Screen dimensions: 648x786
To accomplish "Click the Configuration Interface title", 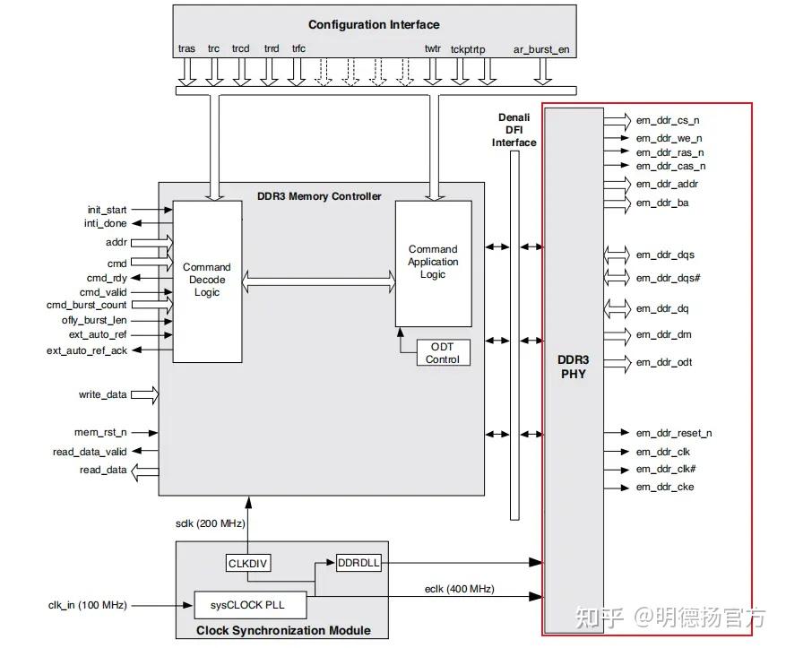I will pos(374,24).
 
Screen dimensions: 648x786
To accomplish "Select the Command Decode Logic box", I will pos(207,281).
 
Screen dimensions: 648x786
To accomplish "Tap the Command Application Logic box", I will pos(433,263).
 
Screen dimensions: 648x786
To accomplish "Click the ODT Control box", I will pos(443,353).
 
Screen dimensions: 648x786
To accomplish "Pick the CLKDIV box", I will pos(248,563).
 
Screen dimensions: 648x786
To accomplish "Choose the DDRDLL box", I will pos(358,563).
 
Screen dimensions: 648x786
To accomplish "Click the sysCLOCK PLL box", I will pos(251,604).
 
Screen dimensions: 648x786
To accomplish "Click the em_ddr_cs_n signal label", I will pos(668,120).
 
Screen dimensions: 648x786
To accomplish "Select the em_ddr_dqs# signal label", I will pos(668,278).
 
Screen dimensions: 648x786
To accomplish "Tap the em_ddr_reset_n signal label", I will pos(674,434).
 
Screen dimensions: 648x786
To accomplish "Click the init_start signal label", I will pos(107,209).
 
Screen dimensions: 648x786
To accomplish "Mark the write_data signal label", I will pos(102,394).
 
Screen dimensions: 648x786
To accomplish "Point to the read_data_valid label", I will pos(90,453).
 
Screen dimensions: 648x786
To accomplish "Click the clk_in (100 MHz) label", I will pos(87,605).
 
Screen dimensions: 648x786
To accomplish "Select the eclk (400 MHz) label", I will pos(459,589).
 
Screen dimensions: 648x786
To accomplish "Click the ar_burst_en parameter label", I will pos(540,49).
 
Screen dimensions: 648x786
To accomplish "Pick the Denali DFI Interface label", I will pos(514,130).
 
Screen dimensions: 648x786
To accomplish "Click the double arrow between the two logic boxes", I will pos(319,283).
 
